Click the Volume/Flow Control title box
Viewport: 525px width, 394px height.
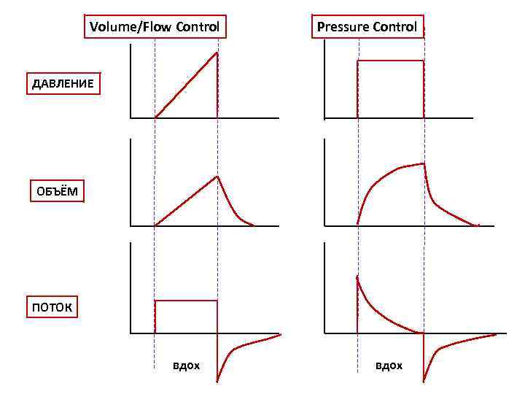click(154, 27)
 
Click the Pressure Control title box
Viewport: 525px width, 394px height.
click(367, 27)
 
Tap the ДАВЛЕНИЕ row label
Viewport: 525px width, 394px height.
click(63, 83)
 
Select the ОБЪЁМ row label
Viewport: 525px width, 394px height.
click(56, 192)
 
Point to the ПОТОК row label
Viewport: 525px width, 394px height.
click(52, 307)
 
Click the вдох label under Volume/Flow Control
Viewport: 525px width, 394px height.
click(186, 365)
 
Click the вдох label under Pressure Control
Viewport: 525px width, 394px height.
click(389, 365)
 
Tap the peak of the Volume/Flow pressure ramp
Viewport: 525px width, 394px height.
click(217, 53)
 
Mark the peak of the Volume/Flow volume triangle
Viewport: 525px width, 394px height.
click(217, 177)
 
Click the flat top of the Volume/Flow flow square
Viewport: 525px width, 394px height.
click(186, 300)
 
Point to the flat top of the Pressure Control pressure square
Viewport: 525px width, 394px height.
click(390, 61)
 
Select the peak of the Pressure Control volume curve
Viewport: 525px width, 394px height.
click(424, 163)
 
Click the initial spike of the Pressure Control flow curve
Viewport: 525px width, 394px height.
click(357, 277)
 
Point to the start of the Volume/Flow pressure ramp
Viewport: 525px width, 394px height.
click(155, 117)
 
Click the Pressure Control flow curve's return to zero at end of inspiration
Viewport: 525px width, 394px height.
click(423, 333)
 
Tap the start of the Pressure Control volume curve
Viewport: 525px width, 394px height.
click(358, 225)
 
